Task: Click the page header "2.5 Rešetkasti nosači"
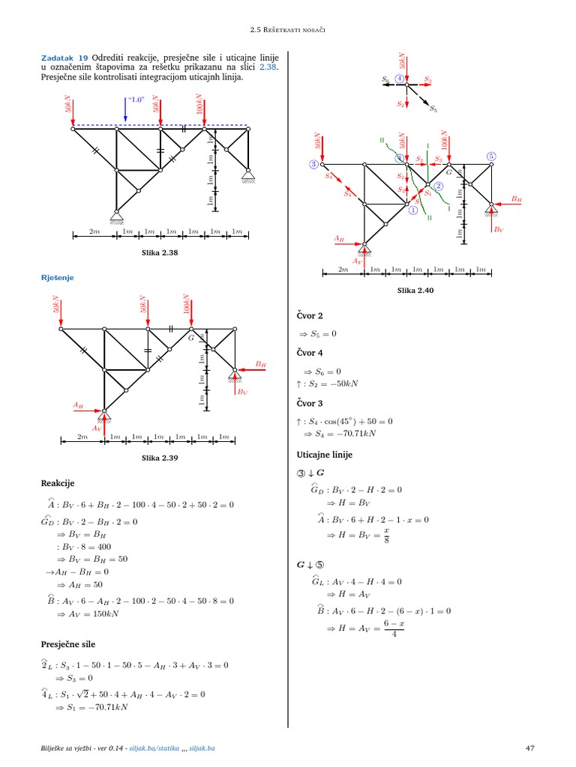(289, 29)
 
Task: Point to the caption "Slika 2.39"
(160, 457)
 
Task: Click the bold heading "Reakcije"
(58, 483)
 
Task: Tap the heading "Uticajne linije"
(325, 455)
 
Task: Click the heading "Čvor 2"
(310, 316)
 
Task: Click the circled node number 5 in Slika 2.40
(492, 157)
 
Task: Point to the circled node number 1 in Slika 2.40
(412, 210)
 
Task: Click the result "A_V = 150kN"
(93, 614)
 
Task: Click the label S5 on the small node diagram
(433, 109)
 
